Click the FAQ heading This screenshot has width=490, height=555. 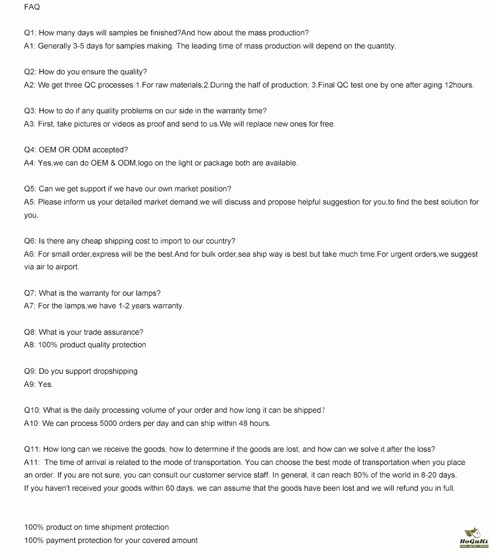[32, 7]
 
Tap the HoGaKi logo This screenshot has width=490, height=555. [474, 538]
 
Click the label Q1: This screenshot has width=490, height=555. [30, 33]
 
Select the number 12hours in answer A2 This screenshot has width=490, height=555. [459, 85]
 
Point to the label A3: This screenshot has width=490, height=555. [30, 124]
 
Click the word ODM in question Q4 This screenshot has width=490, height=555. [82, 150]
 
